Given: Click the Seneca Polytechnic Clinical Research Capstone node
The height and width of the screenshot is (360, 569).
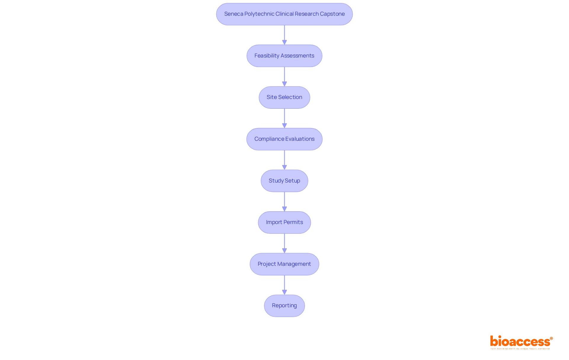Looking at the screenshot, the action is (284, 14).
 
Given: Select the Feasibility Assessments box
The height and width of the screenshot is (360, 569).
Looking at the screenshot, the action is (284, 56).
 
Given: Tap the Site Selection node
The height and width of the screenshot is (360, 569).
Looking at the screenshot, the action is (284, 97).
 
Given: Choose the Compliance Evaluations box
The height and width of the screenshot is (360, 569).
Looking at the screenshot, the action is (284, 139).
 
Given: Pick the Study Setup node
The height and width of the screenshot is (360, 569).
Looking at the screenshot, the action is (284, 181).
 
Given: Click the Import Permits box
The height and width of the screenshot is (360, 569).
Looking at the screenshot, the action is (284, 222).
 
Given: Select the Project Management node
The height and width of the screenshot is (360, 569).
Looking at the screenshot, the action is (284, 264).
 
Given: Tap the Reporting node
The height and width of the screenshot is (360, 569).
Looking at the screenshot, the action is (284, 305).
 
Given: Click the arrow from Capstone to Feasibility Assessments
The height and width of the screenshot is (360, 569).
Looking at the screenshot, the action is (284, 35).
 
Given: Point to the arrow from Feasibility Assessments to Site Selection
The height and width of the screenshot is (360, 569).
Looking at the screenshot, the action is (284, 76).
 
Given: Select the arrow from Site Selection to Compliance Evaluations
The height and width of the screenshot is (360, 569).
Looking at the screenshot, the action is (284, 118).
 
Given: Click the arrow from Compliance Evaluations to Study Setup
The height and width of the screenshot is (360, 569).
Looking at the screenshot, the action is (284, 160).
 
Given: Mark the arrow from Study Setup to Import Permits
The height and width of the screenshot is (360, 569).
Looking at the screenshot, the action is (284, 201).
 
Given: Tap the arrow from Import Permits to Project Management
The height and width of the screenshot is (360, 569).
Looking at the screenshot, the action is (284, 243).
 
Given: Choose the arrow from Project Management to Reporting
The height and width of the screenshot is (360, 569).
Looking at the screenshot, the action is (284, 285).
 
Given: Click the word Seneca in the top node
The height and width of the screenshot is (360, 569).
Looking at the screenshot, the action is (234, 14).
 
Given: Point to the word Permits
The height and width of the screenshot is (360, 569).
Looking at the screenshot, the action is (293, 222).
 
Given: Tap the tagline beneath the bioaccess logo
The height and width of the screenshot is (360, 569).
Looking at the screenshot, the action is (520, 349).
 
